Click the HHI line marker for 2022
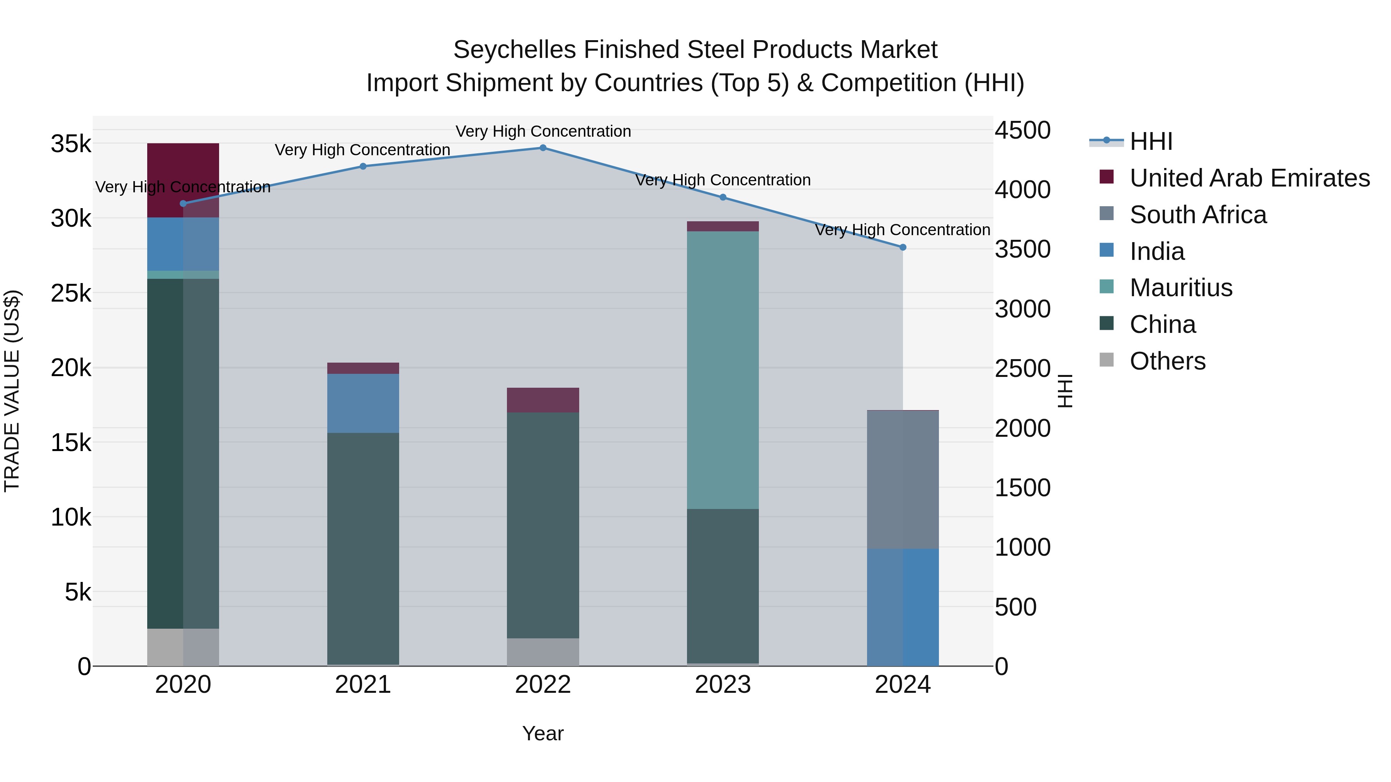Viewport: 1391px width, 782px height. tap(543, 148)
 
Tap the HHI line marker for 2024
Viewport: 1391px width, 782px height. tap(903, 247)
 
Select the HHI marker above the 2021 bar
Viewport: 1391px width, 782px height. tap(363, 166)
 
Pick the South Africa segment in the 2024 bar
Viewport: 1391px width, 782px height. tap(903, 479)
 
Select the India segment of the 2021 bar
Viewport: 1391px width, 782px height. tap(363, 403)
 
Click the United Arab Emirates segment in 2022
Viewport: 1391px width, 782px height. tap(543, 400)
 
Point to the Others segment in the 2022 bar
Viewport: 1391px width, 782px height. tap(543, 652)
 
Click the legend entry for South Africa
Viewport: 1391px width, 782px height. tap(1198, 215)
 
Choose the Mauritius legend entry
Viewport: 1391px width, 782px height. tap(1181, 288)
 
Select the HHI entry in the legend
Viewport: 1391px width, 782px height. tap(1151, 141)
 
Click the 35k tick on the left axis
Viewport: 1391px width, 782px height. tap(71, 144)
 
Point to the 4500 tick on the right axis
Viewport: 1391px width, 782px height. tap(1022, 131)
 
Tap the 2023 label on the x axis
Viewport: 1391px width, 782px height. tap(723, 685)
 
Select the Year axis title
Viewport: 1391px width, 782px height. tap(543, 733)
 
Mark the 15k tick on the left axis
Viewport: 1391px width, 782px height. tap(71, 443)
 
